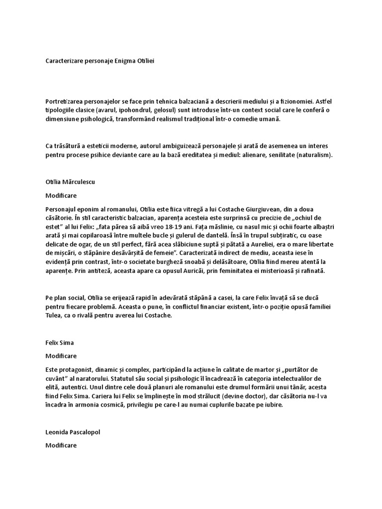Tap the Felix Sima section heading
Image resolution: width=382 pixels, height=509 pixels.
pyautogui.click(x=59, y=343)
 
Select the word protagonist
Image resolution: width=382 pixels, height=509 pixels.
pyautogui.click(x=74, y=370)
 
